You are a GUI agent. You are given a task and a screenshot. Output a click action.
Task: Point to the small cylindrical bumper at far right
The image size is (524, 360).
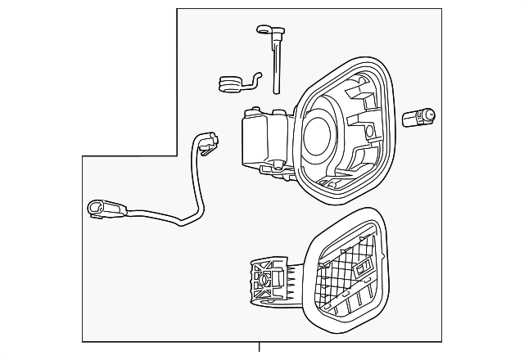[x=422, y=119]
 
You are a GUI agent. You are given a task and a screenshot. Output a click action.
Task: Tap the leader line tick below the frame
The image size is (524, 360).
[x=260, y=347]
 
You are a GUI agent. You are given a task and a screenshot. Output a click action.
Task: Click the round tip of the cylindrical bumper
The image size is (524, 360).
[x=434, y=117]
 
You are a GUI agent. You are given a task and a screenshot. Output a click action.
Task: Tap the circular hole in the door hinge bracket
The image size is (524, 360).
[x=263, y=277]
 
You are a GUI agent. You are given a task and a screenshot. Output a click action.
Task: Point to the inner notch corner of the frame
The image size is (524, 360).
[x=178, y=155]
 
